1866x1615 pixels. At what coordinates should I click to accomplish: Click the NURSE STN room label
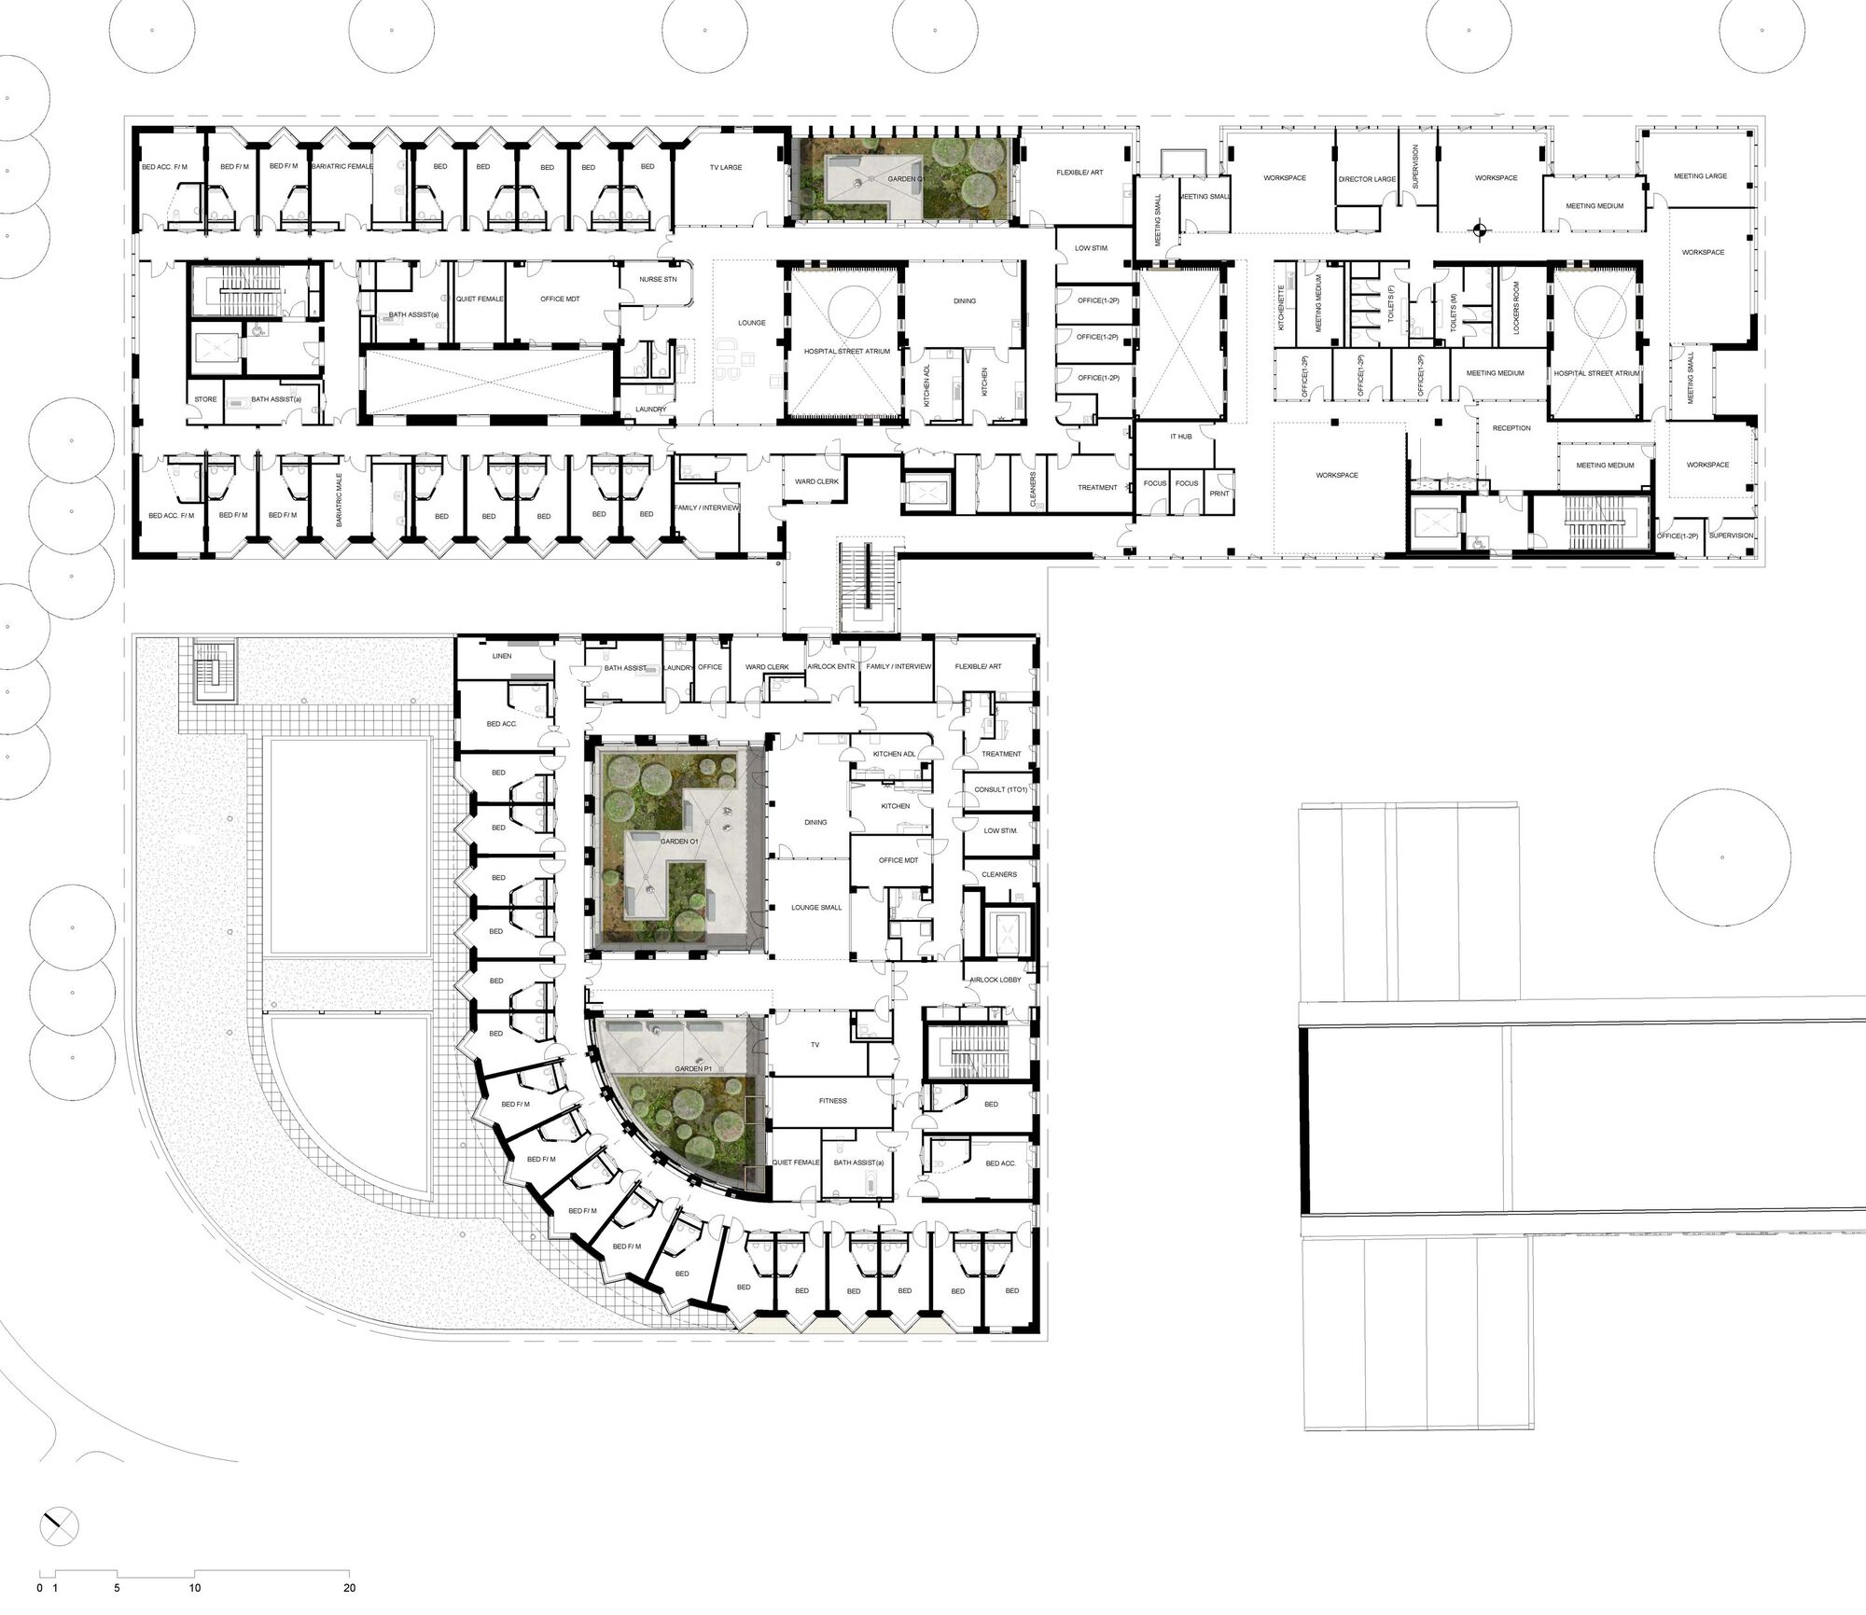pos(658,280)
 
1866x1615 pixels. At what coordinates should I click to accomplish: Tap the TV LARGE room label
pos(725,168)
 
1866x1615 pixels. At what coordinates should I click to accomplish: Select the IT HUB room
pos(1180,437)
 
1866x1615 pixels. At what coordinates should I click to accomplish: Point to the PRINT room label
pos(1219,494)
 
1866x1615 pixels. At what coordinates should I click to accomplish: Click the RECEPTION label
pos(1511,428)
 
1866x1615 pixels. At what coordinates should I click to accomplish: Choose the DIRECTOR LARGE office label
pos(1367,179)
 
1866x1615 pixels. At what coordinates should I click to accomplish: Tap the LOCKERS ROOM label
pos(1516,308)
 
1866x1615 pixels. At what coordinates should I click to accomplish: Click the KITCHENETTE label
pos(1282,308)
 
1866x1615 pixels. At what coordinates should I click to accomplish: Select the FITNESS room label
pos(832,1101)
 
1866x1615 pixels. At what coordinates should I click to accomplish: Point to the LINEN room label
pos(502,656)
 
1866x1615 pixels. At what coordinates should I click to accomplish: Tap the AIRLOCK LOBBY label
pos(996,980)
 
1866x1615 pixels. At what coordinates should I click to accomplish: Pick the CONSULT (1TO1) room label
pos(1000,790)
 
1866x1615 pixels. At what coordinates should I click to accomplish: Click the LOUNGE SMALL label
pos(816,908)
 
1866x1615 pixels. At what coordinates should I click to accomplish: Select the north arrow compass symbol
pos(60,1526)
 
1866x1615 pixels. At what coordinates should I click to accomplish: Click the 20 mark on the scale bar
pos(349,1586)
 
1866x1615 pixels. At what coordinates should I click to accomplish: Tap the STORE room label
pos(205,399)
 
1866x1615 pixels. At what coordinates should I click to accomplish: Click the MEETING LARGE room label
pos(1700,176)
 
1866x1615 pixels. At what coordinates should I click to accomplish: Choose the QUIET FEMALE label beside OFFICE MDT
pos(480,299)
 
